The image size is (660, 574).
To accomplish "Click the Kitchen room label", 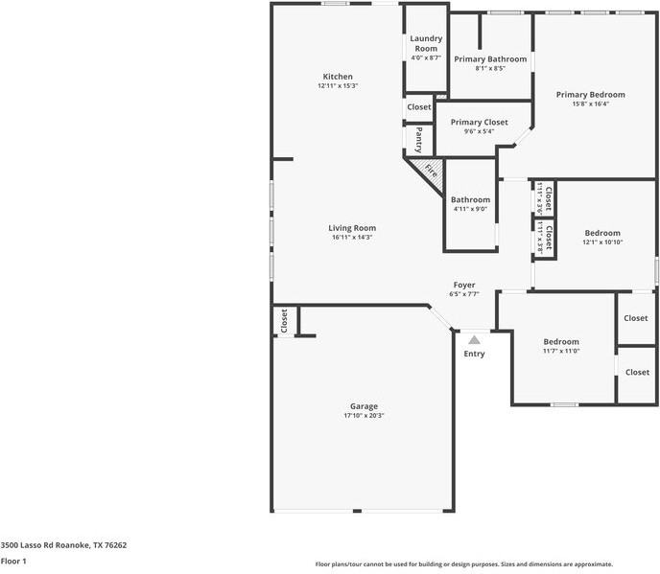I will pyautogui.click(x=338, y=77).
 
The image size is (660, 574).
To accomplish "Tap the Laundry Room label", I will pyautogui.click(x=425, y=43).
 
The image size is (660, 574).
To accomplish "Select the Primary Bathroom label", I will pyautogui.click(x=490, y=58).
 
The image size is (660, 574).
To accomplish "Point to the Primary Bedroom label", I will pyautogui.click(x=590, y=95).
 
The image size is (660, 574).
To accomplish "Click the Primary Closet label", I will pyautogui.click(x=479, y=122).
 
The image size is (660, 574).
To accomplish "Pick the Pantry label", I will pyautogui.click(x=419, y=140).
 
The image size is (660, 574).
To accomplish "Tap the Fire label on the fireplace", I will pyautogui.click(x=431, y=172).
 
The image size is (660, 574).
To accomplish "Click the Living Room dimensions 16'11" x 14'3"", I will pyautogui.click(x=352, y=238).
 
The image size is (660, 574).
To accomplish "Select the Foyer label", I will pyautogui.click(x=464, y=285).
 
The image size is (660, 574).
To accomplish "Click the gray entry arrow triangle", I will pyautogui.click(x=474, y=338).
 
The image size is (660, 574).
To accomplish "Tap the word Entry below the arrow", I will pyautogui.click(x=474, y=354).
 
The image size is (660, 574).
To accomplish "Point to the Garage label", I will pyautogui.click(x=364, y=406).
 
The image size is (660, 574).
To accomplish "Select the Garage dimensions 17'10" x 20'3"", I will pyautogui.click(x=364, y=416).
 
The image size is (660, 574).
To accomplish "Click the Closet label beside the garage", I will pyautogui.click(x=284, y=321).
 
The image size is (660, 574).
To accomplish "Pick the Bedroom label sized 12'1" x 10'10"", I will pyautogui.click(x=602, y=233).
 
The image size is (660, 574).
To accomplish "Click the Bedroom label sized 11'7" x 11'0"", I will pyautogui.click(x=561, y=342).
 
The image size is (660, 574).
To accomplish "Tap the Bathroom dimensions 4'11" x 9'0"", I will pyautogui.click(x=470, y=209).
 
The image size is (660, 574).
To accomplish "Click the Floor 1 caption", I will pyautogui.click(x=13, y=561).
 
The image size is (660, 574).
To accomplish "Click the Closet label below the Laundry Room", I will pyautogui.click(x=419, y=107).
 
